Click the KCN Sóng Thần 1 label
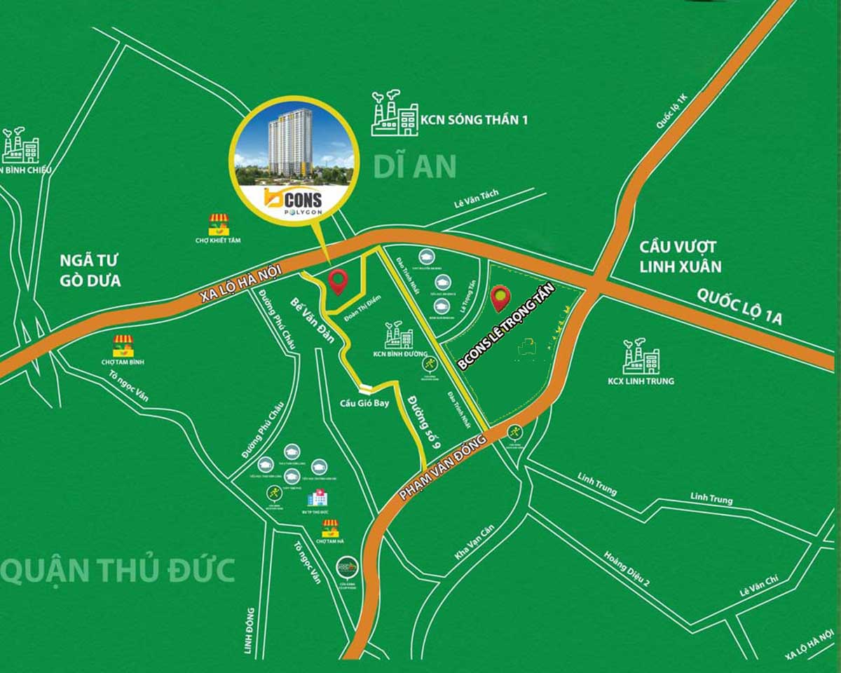pyautogui.click(x=474, y=119)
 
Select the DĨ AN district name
pyautogui.click(x=414, y=167)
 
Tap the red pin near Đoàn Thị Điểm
pyautogui.click(x=339, y=281)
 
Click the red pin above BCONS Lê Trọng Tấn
pyautogui.click(x=500, y=298)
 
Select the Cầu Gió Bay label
pyautogui.click(x=364, y=403)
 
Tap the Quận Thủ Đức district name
pyautogui.click(x=118, y=571)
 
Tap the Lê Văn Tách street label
pyautogui.click(x=480, y=204)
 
